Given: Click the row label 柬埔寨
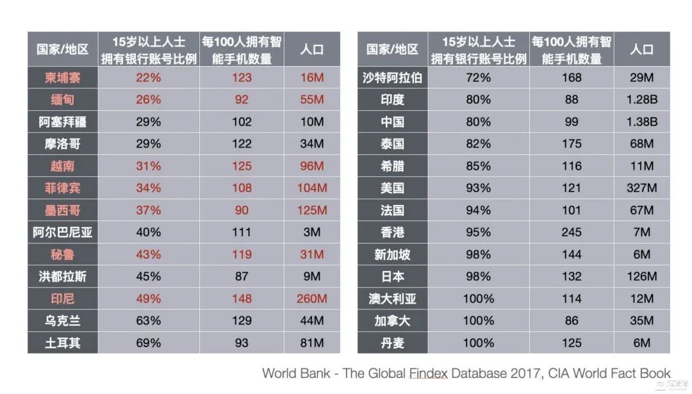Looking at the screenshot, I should point(63,78).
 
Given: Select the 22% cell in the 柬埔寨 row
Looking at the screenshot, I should point(148,78).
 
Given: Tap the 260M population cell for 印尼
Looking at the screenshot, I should point(312,299).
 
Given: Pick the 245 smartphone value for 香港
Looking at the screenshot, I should point(572,233).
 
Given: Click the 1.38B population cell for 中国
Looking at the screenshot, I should point(641,122).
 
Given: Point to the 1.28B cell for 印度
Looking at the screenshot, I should point(641,100).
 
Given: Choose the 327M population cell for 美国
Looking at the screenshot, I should point(641,188).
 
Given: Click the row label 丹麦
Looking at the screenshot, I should point(392,343).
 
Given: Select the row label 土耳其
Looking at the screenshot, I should point(63,343).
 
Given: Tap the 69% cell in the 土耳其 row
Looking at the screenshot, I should point(148,343).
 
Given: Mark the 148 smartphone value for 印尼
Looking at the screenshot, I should point(242,299).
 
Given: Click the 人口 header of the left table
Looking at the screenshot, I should point(312,49).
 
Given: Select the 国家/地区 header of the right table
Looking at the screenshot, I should point(392,49).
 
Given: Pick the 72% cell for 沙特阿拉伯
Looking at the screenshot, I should point(478,78).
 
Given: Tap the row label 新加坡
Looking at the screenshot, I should point(392,254).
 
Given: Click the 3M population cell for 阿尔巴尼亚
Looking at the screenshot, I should point(312,233).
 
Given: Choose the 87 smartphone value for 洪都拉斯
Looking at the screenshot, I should point(242,277).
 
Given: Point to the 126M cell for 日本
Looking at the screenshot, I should point(641,277).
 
